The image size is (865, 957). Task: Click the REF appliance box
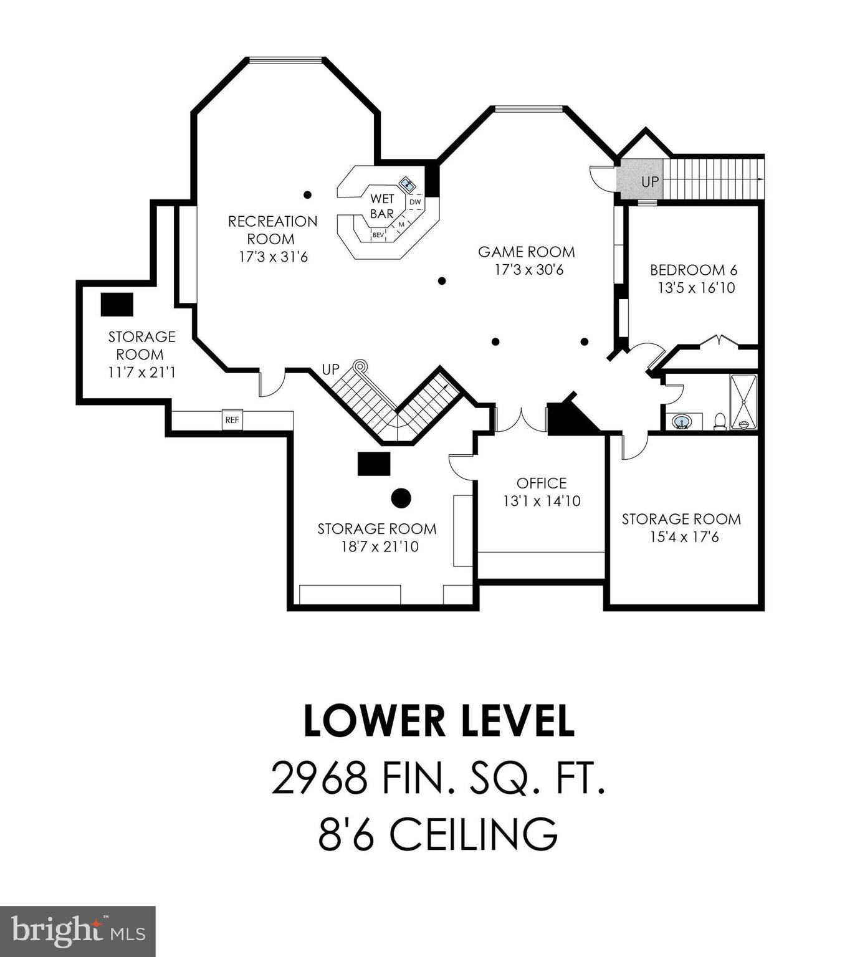(x=232, y=420)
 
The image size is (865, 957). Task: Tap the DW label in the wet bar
(x=415, y=202)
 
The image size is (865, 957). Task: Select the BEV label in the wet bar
(x=378, y=235)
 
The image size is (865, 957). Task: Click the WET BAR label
(x=382, y=206)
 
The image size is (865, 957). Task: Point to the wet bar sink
(x=408, y=184)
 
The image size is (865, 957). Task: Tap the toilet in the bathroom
(x=720, y=422)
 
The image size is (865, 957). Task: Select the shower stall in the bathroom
(x=743, y=401)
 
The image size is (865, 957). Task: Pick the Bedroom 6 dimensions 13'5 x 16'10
(x=696, y=288)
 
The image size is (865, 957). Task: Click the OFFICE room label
(x=542, y=483)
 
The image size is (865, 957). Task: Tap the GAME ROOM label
(x=527, y=252)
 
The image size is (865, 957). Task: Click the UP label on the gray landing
(x=650, y=182)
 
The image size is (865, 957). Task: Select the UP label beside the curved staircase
(x=330, y=369)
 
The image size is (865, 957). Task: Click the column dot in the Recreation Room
(x=307, y=195)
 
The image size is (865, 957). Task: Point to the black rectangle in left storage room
(x=117, y=304)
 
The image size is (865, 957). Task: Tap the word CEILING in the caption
(x=474, y=834)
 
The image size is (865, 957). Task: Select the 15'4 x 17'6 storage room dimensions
(x=684, y=536)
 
